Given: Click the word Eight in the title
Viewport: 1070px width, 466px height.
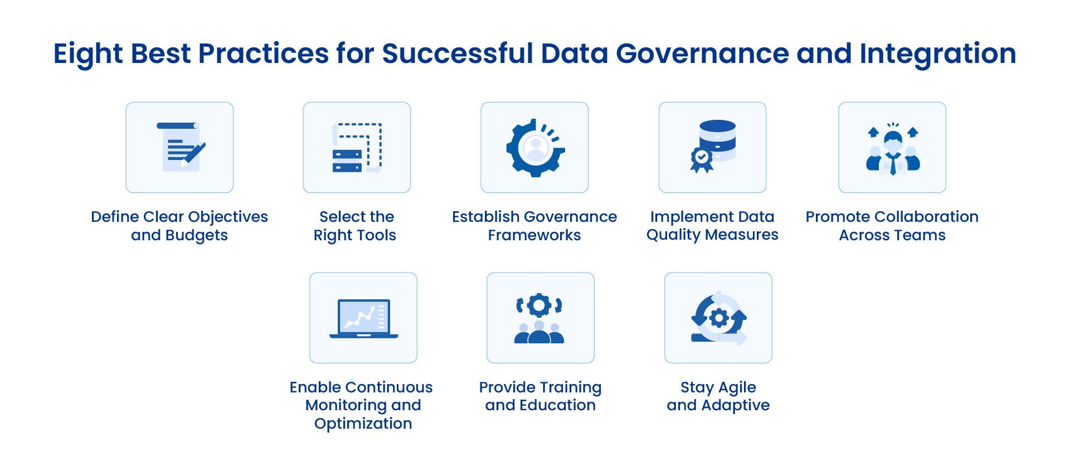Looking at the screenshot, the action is click(x=88, y=55).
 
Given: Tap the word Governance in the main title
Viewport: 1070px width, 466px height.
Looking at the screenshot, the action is click(x=702, y=54).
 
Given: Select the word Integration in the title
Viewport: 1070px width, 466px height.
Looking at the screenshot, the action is click(x=938, y=55).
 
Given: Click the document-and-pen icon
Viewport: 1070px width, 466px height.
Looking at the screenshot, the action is click(x=181, y=147).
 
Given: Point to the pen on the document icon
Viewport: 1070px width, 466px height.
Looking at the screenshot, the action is click(x=194, y=153).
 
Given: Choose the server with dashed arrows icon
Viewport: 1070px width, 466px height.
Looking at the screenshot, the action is click(x=357, y=148).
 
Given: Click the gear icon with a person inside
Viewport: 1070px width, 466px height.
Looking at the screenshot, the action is click(x=536, y=148).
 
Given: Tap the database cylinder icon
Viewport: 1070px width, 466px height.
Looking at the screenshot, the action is click(x=717, y=140).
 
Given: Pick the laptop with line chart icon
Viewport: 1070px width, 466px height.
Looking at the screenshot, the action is click(x=363, y=318).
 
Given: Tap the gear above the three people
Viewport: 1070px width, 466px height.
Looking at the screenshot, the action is click(x=539, y=304).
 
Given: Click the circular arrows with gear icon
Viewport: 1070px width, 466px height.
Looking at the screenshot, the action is click(x=718, y=318).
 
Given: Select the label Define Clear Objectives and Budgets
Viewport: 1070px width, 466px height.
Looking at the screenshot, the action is click(x=179, y=226).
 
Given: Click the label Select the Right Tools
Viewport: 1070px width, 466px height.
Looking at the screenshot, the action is click(x=356, y=226).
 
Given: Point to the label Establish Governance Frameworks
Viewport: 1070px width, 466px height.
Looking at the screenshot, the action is click(x=534, y=226).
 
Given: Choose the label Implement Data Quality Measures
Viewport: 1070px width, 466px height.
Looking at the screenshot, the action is click(x=712, y=226).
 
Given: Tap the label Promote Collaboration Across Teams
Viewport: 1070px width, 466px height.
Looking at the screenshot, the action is click(x=892, y=226).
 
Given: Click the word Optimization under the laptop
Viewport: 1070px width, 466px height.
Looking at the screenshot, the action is click(x=363, y=424).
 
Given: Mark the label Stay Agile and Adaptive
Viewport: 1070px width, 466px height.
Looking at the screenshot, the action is click(x=718, y=396).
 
